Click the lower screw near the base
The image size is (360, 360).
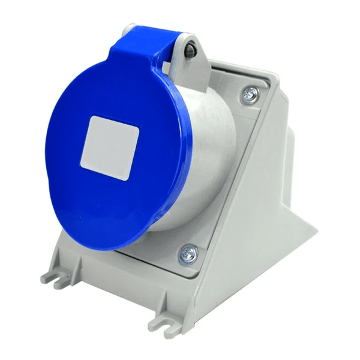pyautogui.click(x=188, y=254)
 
